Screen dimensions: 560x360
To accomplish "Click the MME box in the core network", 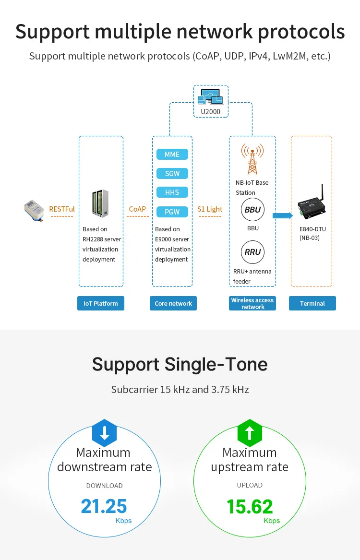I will [172, 155].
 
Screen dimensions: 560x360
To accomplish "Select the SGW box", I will [172, 174].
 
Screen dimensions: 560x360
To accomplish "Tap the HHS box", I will [172, 192].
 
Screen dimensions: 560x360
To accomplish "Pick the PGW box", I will [172, 212].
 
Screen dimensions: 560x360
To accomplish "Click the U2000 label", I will [211, 112].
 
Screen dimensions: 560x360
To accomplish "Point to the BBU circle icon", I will [252, 210].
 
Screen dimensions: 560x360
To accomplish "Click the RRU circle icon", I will [252, 252].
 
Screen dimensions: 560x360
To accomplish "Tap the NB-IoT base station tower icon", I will [252, 160].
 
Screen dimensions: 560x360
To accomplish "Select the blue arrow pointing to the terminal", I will [283, 215].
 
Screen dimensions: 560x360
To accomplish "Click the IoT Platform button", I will [101, 303].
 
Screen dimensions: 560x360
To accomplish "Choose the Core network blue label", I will [173, 303].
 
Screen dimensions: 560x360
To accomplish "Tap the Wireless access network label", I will [252, 303].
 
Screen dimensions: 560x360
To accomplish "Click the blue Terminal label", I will [312, 303].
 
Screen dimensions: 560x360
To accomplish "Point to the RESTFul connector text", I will [62, 209].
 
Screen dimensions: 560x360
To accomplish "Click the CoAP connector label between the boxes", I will [137, 209].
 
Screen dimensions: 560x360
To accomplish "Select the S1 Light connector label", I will [210, 209].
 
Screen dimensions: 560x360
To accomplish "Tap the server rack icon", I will [100, 203].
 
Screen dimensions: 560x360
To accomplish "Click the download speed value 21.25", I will [104, 506].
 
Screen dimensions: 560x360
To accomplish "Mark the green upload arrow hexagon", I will [250, 433].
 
